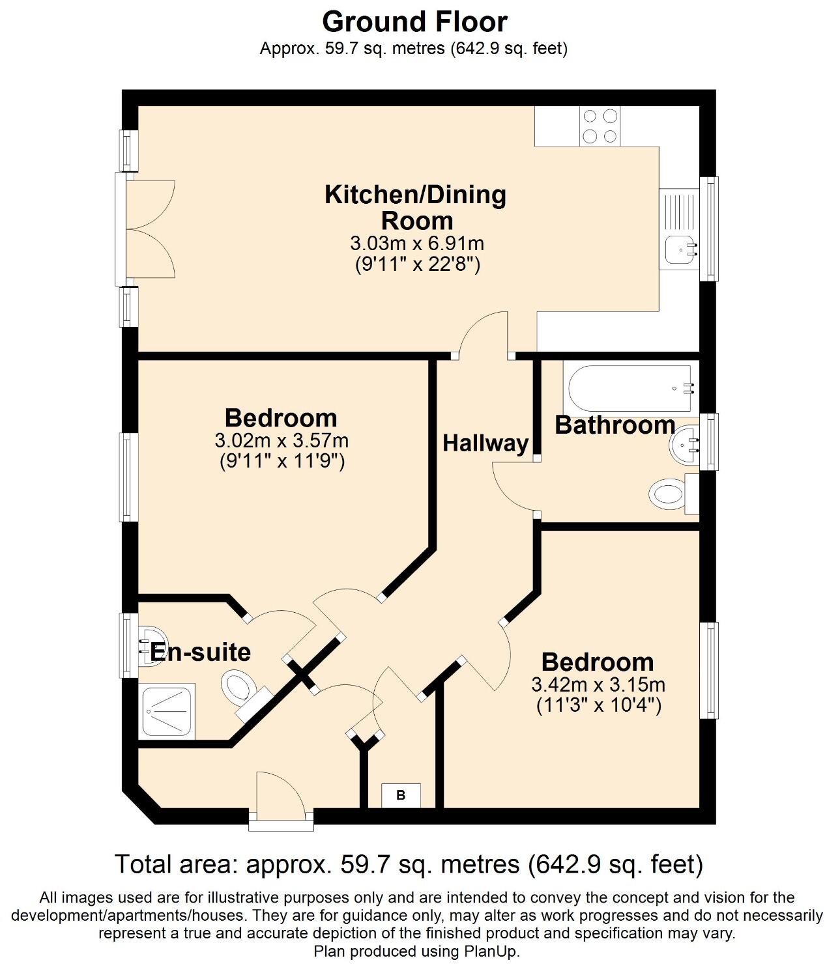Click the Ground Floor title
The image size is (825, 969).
pyautogui.click(x=414, y=21)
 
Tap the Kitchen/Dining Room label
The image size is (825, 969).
pyautogui.click(x=416, y=207)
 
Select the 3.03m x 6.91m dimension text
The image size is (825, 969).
pyautogui.click(x=417, y=244)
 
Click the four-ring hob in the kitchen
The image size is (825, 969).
pyautogui.click(x=600, y=126)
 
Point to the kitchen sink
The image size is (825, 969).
pyautogui.click(x=678, y=247)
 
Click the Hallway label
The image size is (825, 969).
pyautogui.click(x=485, y=443)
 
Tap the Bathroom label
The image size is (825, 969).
pyautogui.click(x=615, y=425)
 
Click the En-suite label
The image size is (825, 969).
pyautogui.click(x=200, y=652)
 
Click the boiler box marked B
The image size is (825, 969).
pyautogui.click(x=401, y=795)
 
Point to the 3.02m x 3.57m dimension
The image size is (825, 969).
pyautogui.click(x=282, y=441)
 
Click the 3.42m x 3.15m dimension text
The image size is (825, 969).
pyautogui.click(x=598, y=684)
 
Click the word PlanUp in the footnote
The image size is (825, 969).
pyautogui.click(x=490, y=951)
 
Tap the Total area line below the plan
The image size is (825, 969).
pyautogui.click(x=409, y=864)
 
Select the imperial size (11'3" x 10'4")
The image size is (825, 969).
pyautogui.click(x=598, y=705)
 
